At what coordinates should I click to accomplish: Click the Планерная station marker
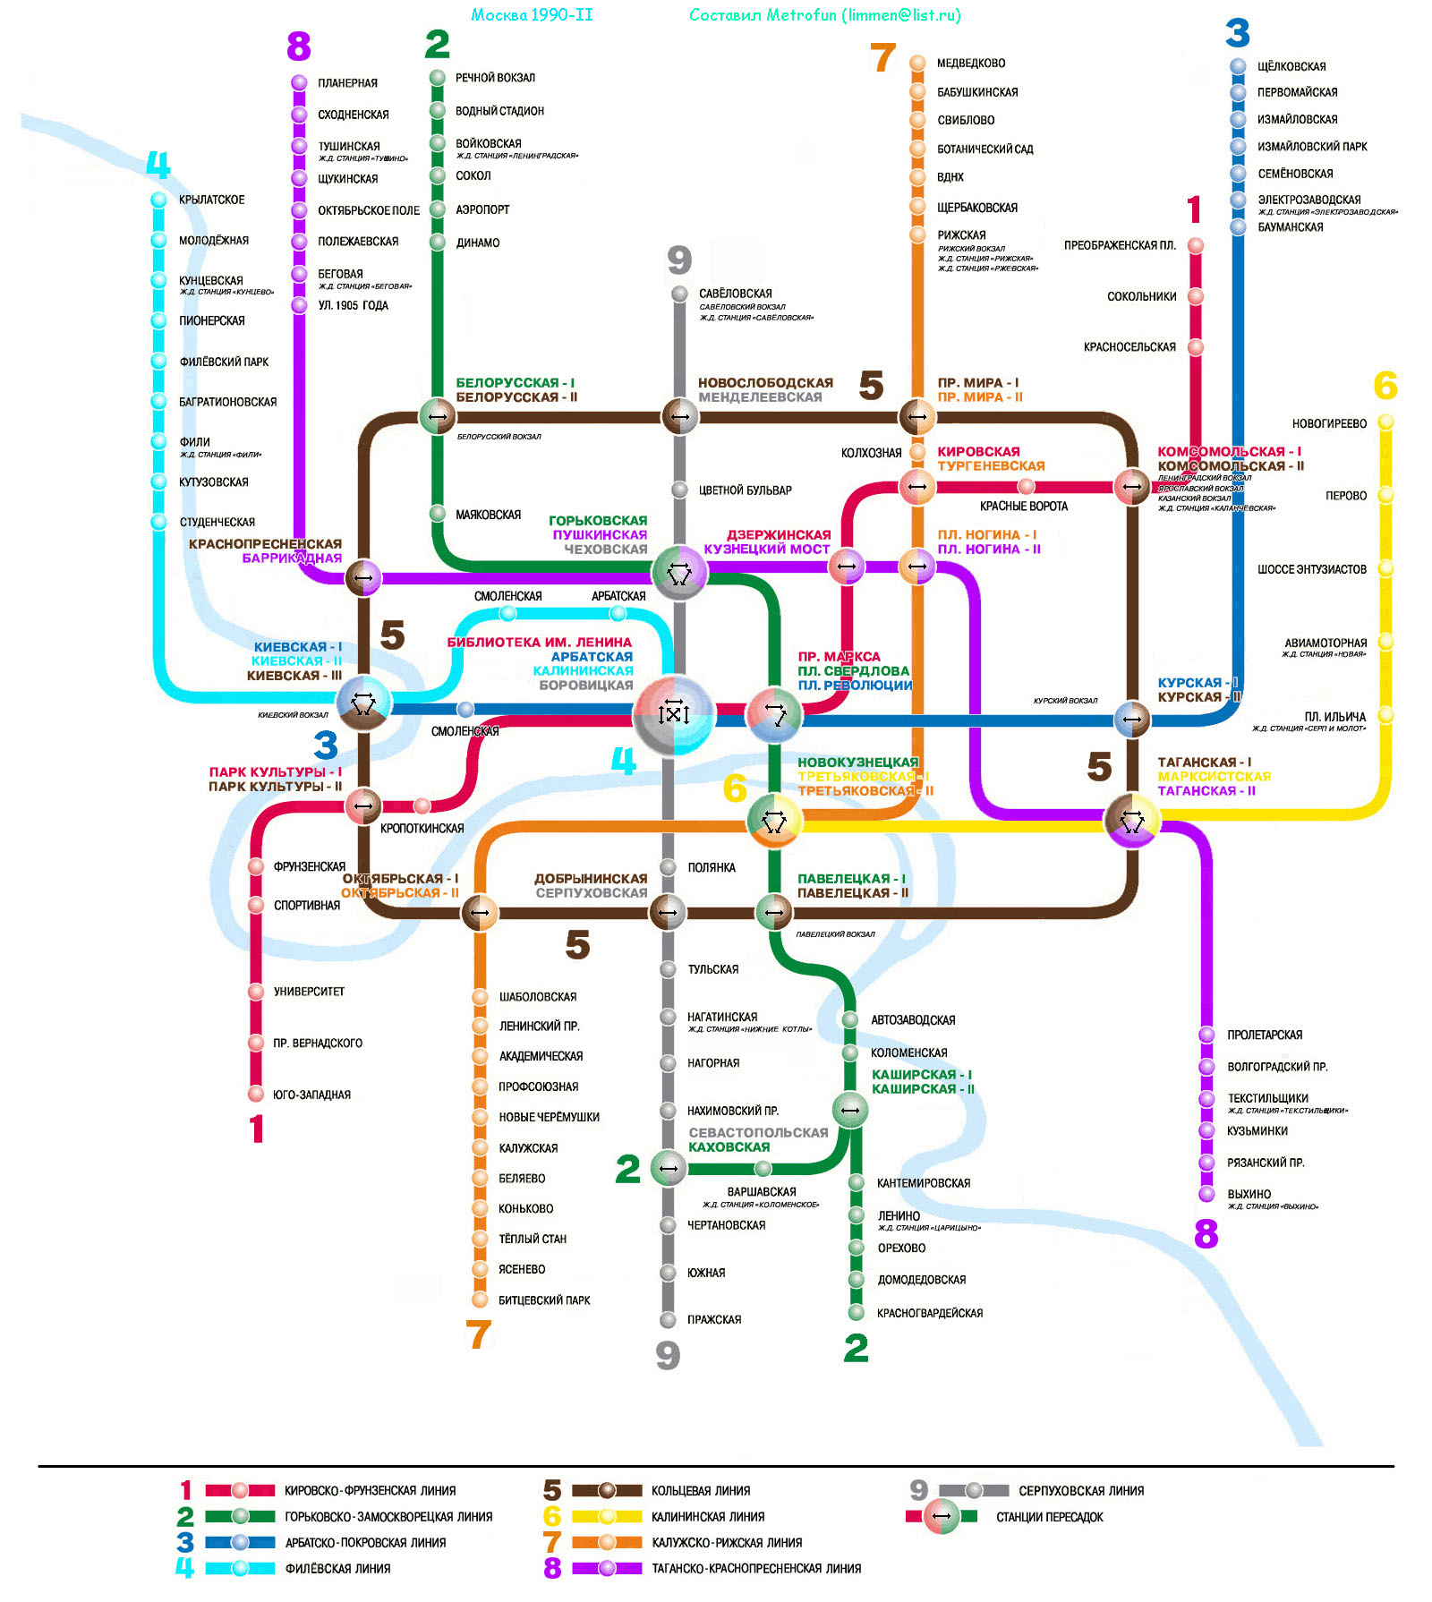[299, 82]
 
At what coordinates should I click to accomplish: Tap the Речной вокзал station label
[495, 78]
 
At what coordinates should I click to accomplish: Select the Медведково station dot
[917, 63]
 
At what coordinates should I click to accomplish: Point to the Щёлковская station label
[1291, 66]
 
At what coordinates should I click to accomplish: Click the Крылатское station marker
[158, 200]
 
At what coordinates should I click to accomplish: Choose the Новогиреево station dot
[1385, 422]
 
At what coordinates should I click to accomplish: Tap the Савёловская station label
[735, 294]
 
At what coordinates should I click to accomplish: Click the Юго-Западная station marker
[256, 1094]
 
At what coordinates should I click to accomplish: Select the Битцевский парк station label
[544, 1300]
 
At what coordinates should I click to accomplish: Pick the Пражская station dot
[668, 1319]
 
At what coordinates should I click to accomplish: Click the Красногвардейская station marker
[857, 1313]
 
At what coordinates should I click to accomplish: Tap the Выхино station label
[1249, 1194]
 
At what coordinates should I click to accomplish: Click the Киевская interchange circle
[362, 703]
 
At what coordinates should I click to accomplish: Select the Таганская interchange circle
[1132, 820]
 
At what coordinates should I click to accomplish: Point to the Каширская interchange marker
[850, 1111]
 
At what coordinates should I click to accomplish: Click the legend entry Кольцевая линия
[700, 1490]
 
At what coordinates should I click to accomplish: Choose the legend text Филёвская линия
[337, 1568]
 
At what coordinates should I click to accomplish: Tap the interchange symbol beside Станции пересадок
[941, 1516]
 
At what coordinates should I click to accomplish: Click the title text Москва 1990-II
[532, 15]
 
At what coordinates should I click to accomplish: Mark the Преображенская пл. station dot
[1196, 245]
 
